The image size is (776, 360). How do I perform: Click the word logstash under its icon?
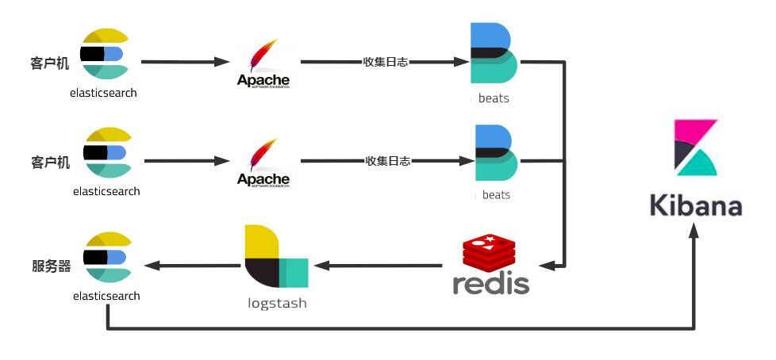[x=275, y=303]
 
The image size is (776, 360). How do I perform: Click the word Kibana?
[x=696, y=205]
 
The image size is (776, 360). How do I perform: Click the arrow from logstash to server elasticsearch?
[x=194, y=266]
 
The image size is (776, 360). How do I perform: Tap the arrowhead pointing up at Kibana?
[x=695, y=230]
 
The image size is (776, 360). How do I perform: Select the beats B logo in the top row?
[x=493, y=53]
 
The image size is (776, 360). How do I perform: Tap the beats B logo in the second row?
[x=495, y=153]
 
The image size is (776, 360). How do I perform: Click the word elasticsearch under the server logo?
[x=106, y=296]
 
